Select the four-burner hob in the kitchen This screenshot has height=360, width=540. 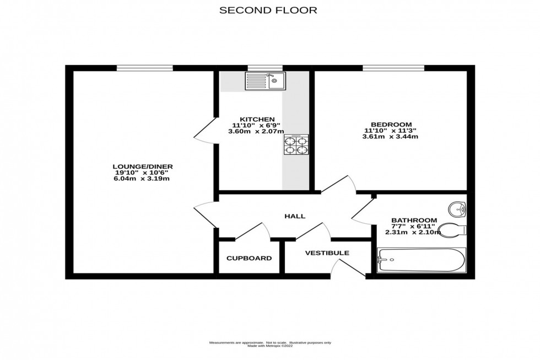(x=296, y=146)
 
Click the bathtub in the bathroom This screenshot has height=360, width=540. (x=422, y=260)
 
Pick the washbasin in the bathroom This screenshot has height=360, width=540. (x=457, y=209)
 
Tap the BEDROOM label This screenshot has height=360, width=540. (x=391, y=124)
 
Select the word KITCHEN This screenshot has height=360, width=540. (x=257, y=119)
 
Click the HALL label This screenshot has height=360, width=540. (x=295, y=217)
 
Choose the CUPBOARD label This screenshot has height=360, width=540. (x=249, y=258)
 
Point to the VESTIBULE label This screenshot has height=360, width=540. (x=327, y=253)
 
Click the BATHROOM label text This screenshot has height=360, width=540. (x=414, y=220)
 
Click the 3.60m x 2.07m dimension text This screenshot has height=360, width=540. (x=257, y=131)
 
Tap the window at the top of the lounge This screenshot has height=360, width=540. (x=145, y=68)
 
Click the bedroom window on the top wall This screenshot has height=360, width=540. (x=393, y=68)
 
